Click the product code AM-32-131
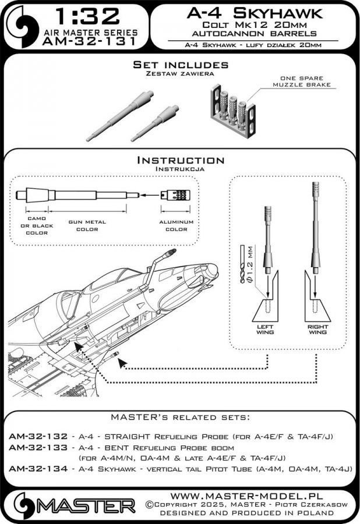pos(89,41)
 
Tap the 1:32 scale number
pos(87,17)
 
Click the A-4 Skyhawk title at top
pos(255,13)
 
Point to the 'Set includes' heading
pos(181,65)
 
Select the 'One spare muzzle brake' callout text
pos(302,81)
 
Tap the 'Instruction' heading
pos(181,160)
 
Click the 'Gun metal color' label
pos(87,225)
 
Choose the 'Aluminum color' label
pos(176,225)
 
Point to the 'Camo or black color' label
pos(37,225)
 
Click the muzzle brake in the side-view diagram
pos(175,195)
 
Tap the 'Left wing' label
pos(265,330)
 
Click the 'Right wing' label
pos(317,330)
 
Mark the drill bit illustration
pos(242,264)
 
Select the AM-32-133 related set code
pos(38,447)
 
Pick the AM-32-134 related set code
pos(38,469)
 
